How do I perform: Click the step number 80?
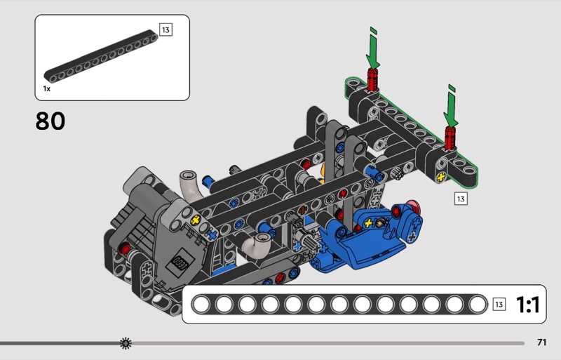click(50, 121)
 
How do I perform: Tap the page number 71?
click(541, 342)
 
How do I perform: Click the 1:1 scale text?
click(528, 305)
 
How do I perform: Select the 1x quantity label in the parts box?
click(47, 88)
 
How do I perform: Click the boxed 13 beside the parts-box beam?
click(165, 29)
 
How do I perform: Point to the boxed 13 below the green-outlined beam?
click(461, 199)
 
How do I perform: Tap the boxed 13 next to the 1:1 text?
click(499, 305)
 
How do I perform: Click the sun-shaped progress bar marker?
click(126, 343)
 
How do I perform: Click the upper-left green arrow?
click(373, 48)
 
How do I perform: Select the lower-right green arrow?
click(451, 106)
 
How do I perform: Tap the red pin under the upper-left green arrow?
click(372, 79)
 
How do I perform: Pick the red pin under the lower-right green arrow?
click(450, 138)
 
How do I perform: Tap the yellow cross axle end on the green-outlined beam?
click(441, 177)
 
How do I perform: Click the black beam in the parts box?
click(101, 56)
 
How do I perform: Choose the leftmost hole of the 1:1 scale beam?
click(201, 305)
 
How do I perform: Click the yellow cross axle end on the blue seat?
click(368, 224)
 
